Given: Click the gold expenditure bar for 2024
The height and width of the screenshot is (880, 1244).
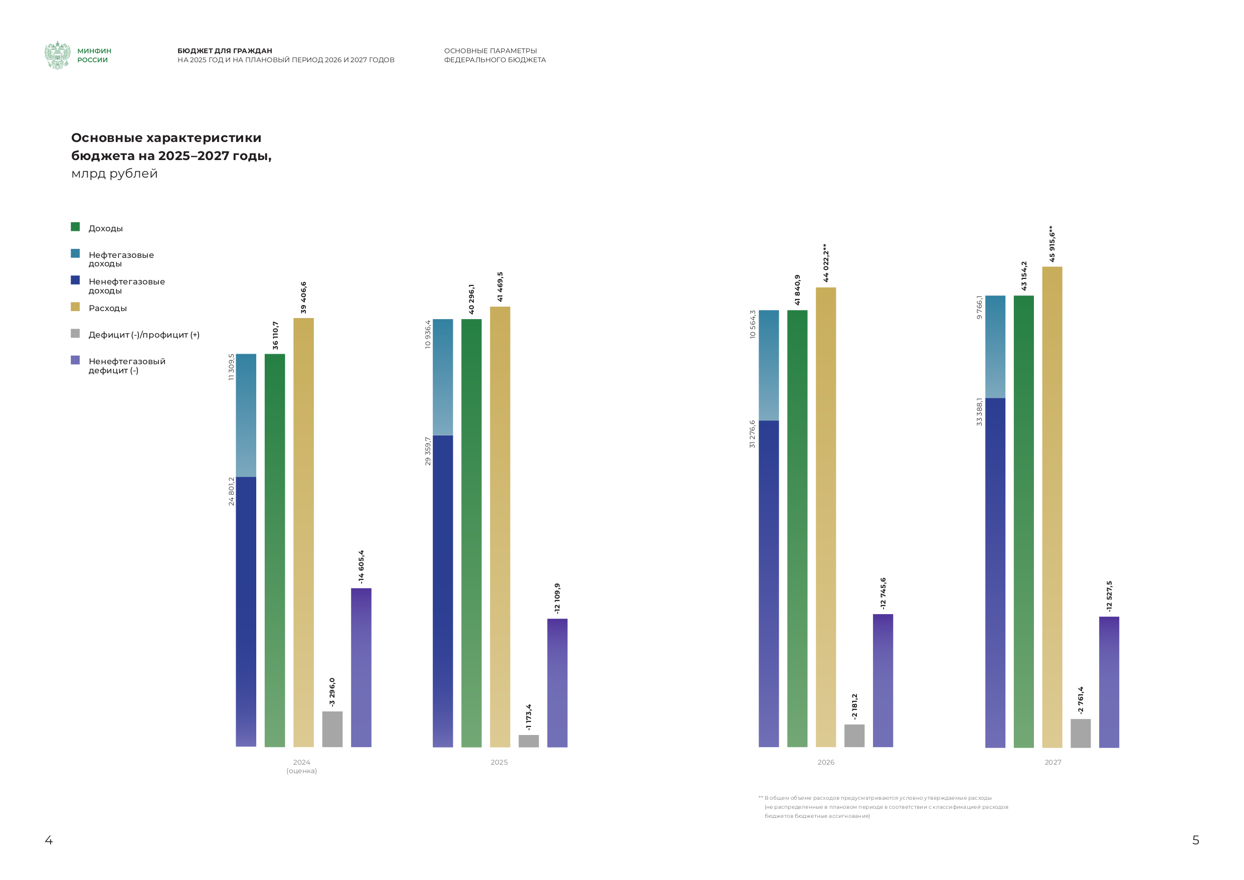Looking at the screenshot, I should (x=303, y=531).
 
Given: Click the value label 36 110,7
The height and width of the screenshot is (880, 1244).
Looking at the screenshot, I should (x=275, y=335).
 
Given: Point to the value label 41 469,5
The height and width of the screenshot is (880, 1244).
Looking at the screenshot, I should (x=500, y=287).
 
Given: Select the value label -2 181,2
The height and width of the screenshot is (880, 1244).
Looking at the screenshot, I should (x=854, y=706).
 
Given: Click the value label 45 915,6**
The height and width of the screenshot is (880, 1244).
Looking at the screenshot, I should (x=1051, y=244).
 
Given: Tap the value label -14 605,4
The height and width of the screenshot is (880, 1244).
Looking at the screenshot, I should (x=361, y=567).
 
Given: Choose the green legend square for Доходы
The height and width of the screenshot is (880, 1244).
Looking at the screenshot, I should (x=75, y=227).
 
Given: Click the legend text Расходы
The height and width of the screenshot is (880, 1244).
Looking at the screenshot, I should (x=107, y=308).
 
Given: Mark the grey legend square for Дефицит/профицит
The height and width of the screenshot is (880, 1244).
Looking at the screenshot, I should (x=75, y=334).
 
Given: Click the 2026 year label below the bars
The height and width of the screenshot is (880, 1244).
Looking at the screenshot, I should (x=826, y=762).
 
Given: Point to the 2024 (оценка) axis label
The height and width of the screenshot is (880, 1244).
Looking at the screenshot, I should (x=302, y=766).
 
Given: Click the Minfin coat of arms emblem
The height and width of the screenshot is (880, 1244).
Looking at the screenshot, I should (x=58, y=55).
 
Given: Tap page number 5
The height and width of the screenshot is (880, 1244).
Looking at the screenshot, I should (x=1195, y=840).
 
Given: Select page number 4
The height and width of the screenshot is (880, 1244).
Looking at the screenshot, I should (x=49, y=840).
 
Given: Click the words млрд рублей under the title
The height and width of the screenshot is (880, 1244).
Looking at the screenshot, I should (x=114, y=174).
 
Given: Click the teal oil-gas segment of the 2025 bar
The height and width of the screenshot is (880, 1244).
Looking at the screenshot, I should (x=443, y=377).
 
